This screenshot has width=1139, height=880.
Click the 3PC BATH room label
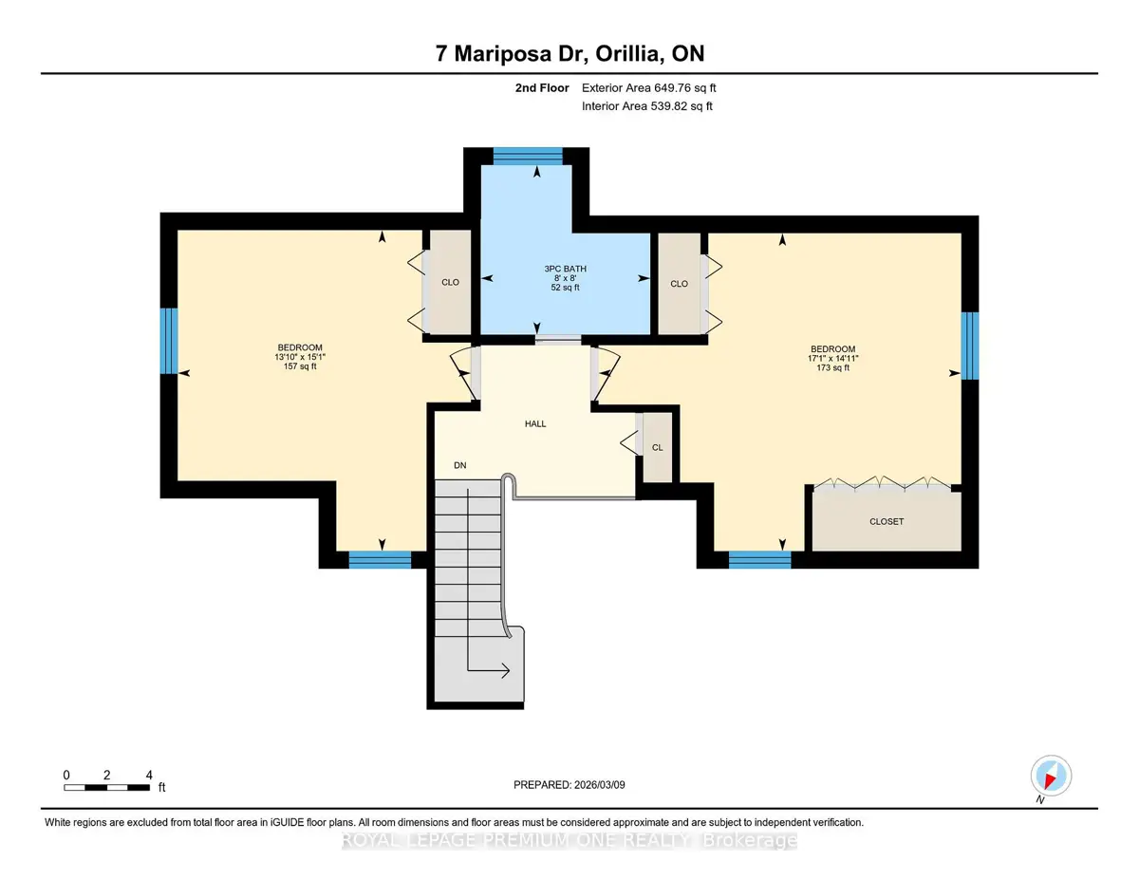click(565, 269)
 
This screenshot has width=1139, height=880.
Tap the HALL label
click(535, 423)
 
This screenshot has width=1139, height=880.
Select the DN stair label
click(459, 465)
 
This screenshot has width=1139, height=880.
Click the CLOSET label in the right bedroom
click(887, 521)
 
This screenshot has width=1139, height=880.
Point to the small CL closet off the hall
click(657, 447)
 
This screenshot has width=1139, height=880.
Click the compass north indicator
click(1051, 777)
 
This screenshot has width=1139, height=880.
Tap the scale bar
click(107, 788)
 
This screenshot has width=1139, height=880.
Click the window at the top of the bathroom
click(528, 157)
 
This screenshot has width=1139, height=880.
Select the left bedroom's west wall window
click(169, 341)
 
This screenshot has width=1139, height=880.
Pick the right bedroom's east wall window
click(970, 346)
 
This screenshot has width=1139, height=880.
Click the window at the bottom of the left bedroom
click(380, 560)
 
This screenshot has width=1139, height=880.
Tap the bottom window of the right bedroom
click(760, 560)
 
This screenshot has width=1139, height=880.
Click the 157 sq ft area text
click(300, 366)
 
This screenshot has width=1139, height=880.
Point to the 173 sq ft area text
click(832, 368)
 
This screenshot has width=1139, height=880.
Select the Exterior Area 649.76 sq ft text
click(649, 88)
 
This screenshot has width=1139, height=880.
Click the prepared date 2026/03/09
click(600, 785)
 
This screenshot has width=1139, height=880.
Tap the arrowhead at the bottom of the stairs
click(505, 670)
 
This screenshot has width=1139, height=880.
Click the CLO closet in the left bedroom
click(450, 282)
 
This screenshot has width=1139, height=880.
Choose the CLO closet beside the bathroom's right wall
click(680, 284)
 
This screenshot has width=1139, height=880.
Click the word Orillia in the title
click(626, 54)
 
